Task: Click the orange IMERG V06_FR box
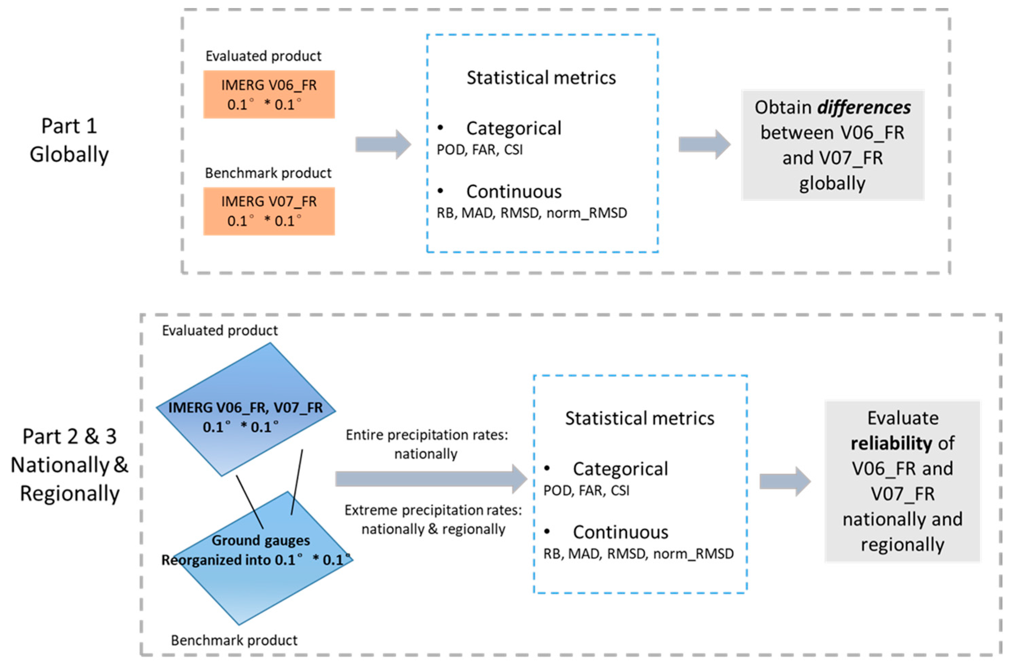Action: click(x=269, y=94)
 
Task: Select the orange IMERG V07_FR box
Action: click(x=269, y=211)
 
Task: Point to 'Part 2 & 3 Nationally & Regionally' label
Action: click(x=69, y=465)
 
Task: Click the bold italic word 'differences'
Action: click(x=864, y=107)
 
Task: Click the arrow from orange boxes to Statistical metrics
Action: click(x=383, y=145)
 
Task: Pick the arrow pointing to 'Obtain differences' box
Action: click(x=704, y=145)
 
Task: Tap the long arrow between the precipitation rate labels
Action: click(x=431, y=479)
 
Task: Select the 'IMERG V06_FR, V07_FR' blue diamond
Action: click(x=246, y=409)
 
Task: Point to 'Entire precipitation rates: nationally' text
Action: click(x=427, y=444)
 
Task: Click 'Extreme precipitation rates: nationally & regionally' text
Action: click(x=433, y=519)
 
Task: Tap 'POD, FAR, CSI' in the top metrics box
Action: click(x=480, y=150)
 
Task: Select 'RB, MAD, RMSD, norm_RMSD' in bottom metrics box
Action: click(x=638, y=554)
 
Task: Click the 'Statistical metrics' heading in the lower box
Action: click(x=640, y=418)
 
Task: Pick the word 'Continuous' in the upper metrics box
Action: click(x=514, y=191)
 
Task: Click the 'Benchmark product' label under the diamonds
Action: click(x=234, y=640)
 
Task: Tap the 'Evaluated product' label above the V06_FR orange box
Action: click(x=263, y=56)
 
